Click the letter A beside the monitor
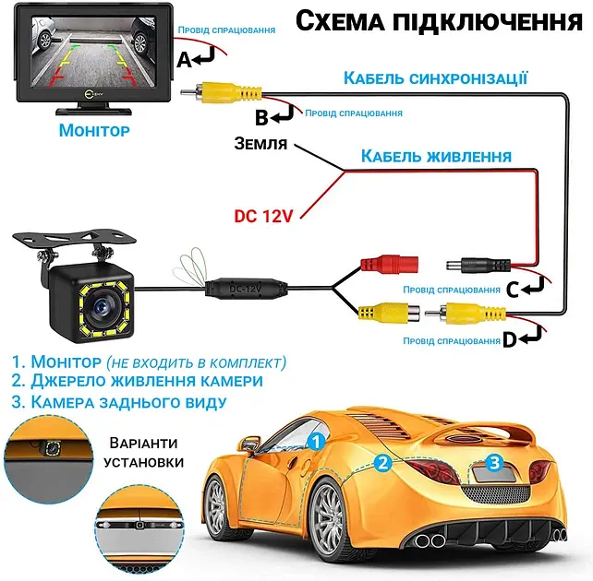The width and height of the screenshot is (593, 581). (x=185, y=60)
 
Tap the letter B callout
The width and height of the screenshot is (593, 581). (x=261, y=117)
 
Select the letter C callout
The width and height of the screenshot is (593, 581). (x=513, y=290)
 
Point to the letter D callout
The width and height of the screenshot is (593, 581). (x=510, y=340)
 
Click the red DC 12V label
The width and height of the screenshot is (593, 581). (x=263, y=216)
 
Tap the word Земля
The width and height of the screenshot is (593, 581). (x=260, y=144)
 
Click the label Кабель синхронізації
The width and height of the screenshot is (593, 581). (x=435, y=78)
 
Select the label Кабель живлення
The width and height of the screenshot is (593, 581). (x=436, y=156)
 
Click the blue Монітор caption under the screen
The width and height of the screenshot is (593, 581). (x=94, y=130)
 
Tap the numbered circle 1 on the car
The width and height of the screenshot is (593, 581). (x=317, y=442)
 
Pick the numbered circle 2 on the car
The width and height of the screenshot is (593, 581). (x=383, y=463)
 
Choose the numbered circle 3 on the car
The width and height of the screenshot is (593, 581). (x=494, y=462)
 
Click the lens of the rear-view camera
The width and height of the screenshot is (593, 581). (x=101, y=306)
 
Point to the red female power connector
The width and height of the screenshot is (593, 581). (x=389, y=264)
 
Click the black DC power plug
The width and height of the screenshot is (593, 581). (x=478, y=265)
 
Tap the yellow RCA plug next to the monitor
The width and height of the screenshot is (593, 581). (x=222, y=92)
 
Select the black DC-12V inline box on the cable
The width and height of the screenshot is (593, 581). (x=246, y=289)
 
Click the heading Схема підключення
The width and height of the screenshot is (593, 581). (x=439, y=21)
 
